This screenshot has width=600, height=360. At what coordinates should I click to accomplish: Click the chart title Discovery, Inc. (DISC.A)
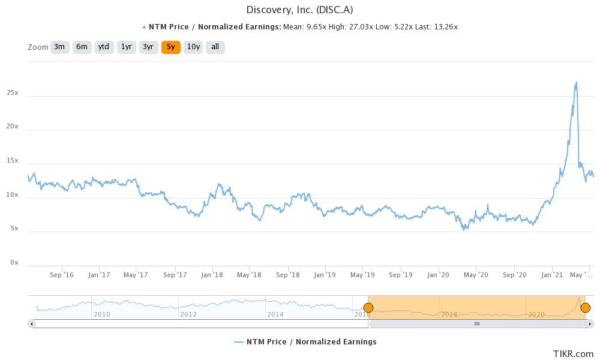point(299,10)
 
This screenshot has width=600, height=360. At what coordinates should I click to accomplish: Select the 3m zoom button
point(59,47)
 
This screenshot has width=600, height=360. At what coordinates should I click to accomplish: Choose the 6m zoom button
point(82,47)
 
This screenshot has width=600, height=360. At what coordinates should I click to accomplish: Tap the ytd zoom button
point(104,47)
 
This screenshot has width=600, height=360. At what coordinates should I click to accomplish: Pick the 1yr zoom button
point(126,47)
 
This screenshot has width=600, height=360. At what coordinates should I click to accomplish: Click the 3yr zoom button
point(148,47)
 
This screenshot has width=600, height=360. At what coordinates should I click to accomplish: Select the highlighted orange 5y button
point(171,47)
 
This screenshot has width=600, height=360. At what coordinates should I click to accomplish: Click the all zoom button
point(215,47)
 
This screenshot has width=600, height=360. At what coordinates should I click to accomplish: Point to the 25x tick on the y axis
point(13,93)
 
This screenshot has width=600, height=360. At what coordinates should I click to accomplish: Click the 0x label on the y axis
point(14,263)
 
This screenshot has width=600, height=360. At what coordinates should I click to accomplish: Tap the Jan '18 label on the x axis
point(212,275)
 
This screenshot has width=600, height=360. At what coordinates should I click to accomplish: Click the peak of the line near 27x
point(577,82)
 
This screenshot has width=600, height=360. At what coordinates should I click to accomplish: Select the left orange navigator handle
point(368,308)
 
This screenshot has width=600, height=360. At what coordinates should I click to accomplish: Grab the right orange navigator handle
point(585,308)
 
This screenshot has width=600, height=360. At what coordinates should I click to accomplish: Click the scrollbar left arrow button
point(32,323)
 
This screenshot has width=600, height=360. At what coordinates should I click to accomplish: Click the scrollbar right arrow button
point(590,323)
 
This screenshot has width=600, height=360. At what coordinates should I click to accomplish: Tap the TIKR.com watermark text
point(573,353)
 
